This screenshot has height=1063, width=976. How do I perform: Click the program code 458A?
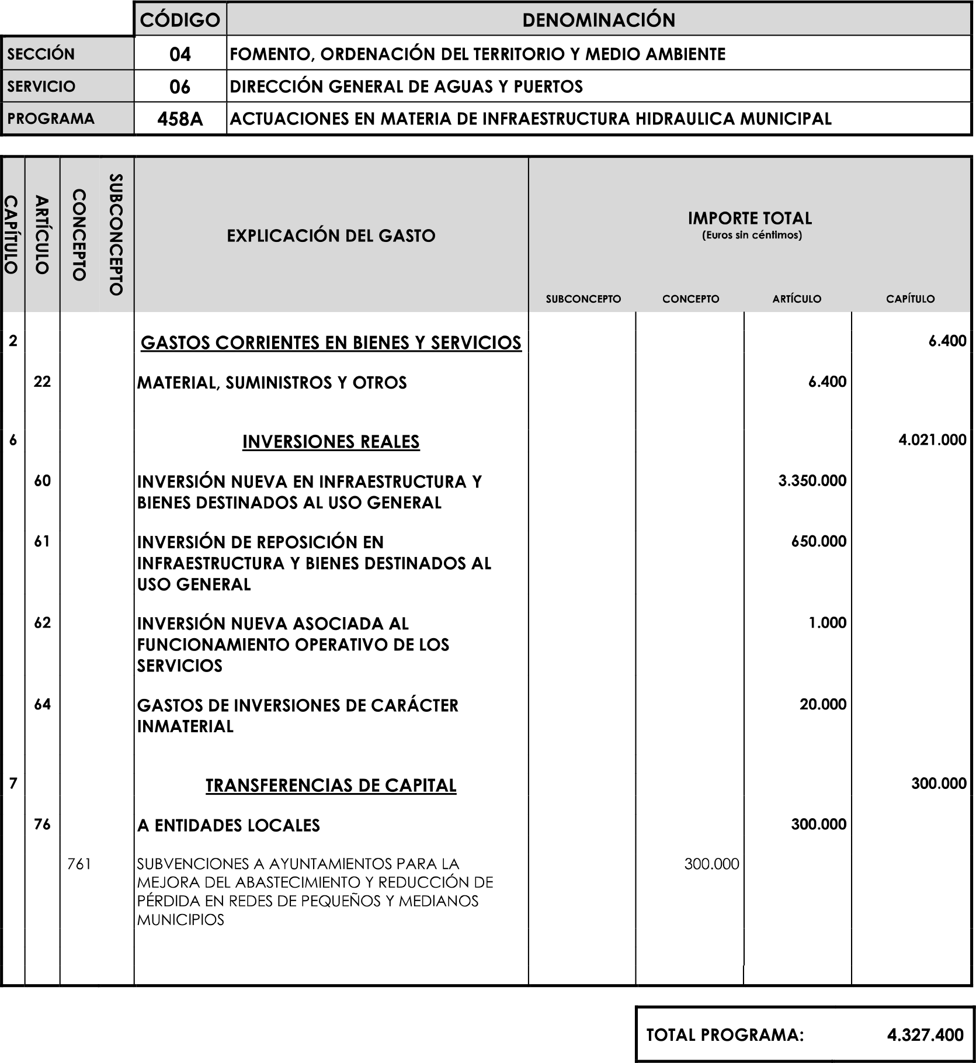coord(180,119)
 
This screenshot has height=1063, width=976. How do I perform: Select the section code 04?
coord(180,54)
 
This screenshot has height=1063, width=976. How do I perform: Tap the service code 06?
coord(180,87)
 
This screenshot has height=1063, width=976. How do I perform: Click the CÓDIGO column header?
coord(180,20)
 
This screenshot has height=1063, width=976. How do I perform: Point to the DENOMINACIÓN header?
coord(598,20)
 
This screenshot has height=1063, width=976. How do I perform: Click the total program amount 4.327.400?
coord(925,1035)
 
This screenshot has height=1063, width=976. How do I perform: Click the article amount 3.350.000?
coord(812,481)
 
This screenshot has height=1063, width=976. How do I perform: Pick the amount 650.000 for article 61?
coord(818,541)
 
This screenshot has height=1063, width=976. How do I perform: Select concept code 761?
coord(79,864)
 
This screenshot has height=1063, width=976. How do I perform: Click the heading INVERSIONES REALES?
coord(331,442)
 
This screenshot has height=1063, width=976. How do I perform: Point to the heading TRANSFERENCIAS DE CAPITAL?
coord(331,785)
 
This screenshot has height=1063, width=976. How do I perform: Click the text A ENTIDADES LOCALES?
coord(228,826)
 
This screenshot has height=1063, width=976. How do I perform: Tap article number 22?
coord(42,382)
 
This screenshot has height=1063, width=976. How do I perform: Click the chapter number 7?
coord(13,784)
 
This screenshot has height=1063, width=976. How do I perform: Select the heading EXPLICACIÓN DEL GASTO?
coord(331,236)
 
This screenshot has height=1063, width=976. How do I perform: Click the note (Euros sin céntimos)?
coord(751,236)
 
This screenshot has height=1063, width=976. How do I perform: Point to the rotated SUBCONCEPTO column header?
coord(116,234)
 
